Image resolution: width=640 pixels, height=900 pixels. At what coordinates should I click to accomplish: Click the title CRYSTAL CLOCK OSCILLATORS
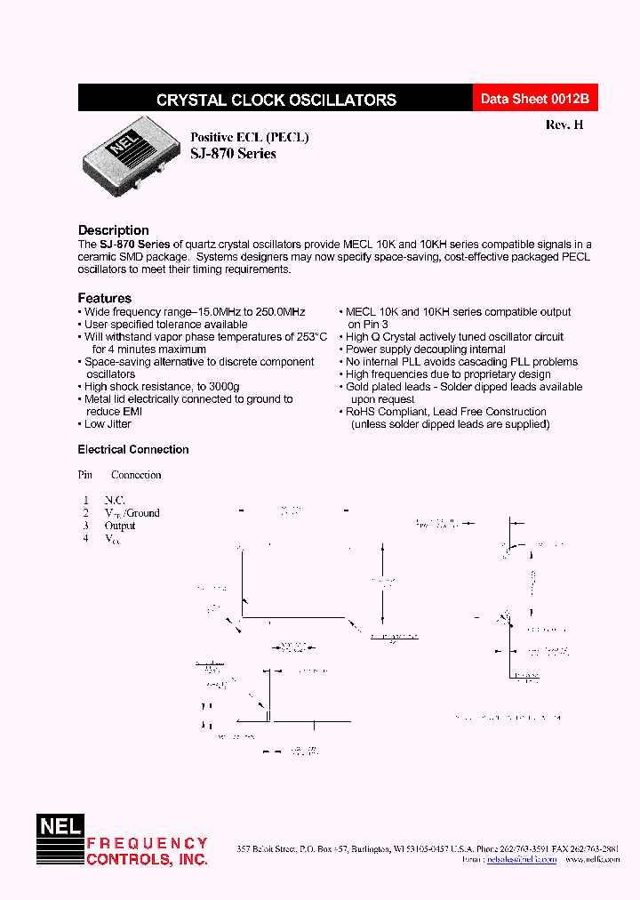[276, 100]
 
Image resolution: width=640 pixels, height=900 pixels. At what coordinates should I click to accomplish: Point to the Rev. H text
[564, 125]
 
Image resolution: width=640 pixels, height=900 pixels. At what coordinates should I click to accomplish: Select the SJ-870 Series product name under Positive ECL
[233, 154]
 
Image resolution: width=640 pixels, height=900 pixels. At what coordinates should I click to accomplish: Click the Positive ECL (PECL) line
[250, 137]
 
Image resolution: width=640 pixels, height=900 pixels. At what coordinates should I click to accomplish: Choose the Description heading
[113, 230]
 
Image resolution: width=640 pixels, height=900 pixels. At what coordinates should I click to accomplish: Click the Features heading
[104, 298]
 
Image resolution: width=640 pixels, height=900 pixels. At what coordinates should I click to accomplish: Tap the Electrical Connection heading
[133, 450]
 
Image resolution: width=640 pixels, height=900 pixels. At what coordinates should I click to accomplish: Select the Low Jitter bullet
[108, 424]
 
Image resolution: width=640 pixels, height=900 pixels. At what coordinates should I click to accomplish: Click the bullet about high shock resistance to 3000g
[162, 387]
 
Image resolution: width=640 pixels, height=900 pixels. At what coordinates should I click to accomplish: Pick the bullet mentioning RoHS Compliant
[444, 412]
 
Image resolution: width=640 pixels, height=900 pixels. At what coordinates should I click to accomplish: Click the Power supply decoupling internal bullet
[425, 350]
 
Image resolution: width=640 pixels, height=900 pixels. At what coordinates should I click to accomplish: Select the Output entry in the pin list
[120, 526]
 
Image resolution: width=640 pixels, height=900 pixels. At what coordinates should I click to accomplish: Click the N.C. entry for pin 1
[115, 501]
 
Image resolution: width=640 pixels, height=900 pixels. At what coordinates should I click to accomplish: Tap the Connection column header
[136, 475]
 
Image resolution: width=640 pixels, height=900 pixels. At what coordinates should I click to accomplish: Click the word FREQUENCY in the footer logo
[147, 843]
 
